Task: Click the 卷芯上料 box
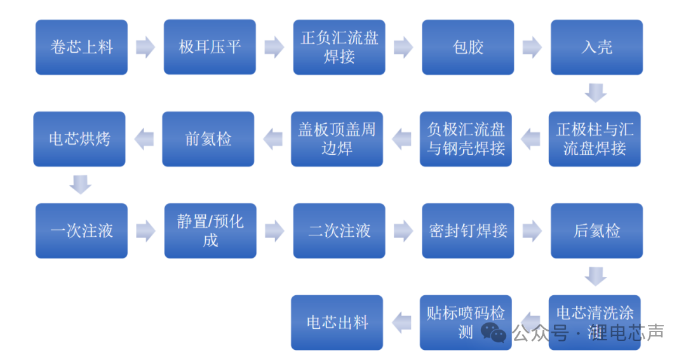coord(81,47)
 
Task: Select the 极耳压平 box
coord(210,47)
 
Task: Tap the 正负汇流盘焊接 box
coord(339,47)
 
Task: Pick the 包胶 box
coord(468,47)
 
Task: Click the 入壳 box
coord(596,47)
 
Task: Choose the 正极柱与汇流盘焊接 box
coord(595,139)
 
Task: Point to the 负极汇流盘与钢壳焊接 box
coord(466,139)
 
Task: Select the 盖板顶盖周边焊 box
coord(337,139)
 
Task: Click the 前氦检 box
coord(208,139)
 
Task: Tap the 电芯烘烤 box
coord(79,139)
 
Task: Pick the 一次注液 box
coord(81,231)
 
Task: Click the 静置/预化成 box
coord(210,231)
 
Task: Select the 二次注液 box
coord(339,231)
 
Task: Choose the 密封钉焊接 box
coord(468,231)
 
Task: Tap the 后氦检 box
coord(596,231)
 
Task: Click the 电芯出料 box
coord(337,323)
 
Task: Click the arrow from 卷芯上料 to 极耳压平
coord(145,47)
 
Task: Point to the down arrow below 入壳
coord(596,93)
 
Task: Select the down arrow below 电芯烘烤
coord(81,185)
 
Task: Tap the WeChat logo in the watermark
coord(493,333)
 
